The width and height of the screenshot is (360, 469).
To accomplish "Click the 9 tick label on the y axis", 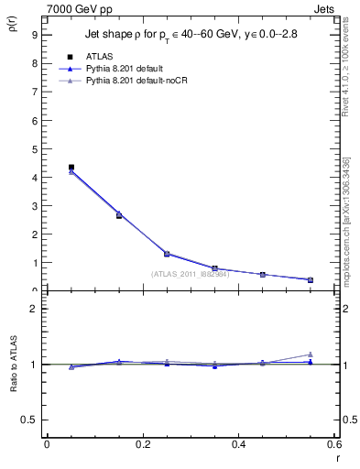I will pos(34,35).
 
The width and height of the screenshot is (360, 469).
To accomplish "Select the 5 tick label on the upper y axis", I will pos(34,148).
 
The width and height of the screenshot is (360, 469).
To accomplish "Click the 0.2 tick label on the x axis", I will pos(142,444).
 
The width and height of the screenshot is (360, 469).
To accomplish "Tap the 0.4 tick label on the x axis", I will pos(238,444).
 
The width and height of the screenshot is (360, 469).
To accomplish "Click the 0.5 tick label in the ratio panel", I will pos(30,420).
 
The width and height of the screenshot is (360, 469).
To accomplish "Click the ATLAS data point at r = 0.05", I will pos(71,168).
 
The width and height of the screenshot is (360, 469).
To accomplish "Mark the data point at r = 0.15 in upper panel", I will pos(119,215).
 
